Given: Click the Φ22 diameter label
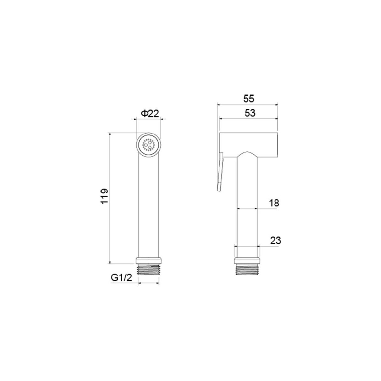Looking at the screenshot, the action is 150,113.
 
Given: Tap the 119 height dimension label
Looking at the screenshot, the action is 105,196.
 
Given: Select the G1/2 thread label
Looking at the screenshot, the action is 121,277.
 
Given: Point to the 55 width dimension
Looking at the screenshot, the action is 248,99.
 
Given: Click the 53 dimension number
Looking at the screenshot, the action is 250,113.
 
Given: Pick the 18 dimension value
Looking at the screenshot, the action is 274,203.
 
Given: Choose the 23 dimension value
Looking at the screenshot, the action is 275,241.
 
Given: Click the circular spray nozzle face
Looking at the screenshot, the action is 148,145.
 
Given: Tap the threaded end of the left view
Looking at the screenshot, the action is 148,270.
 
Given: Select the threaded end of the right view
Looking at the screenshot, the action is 247,270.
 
